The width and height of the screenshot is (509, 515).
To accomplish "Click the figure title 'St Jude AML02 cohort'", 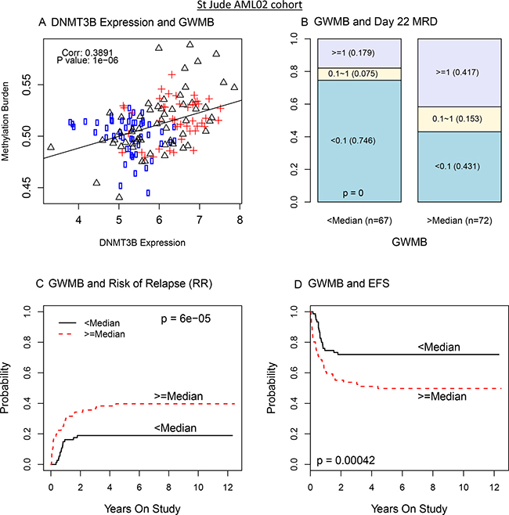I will coord(254,6).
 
